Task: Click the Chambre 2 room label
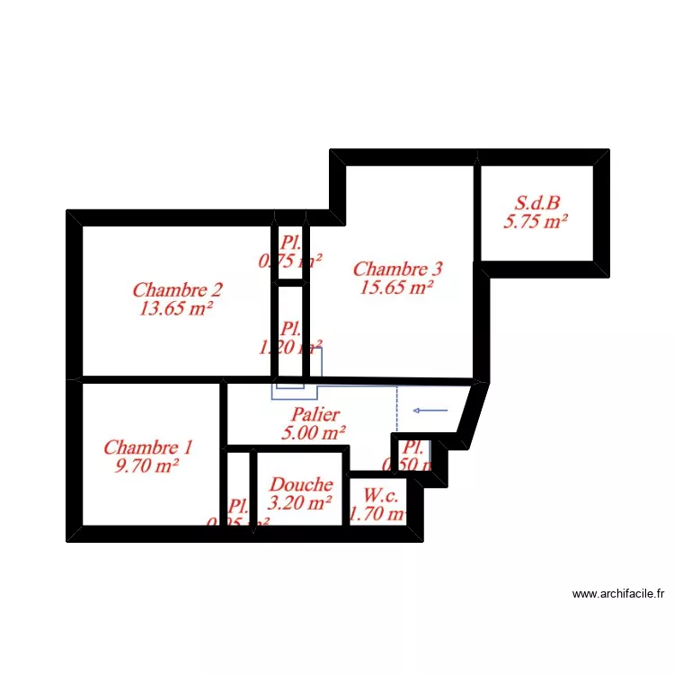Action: pos(177,290)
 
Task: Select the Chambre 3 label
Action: pos(397,269)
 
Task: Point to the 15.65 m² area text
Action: pos(397,288)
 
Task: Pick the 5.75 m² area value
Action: pos(536,222)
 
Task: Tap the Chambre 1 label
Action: pos(147,448)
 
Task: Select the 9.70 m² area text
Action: pos(147,466)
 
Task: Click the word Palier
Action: pos(315,414)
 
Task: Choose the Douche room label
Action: pos(301,485)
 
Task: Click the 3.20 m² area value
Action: pos(301,504)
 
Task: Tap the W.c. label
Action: pos(381,495)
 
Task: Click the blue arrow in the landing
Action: pos(430,411)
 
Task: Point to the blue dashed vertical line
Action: pos(397,409)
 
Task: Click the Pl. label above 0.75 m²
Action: pos(290,243)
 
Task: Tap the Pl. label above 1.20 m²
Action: pos(289,329)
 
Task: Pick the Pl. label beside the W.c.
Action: pos(413,447)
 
